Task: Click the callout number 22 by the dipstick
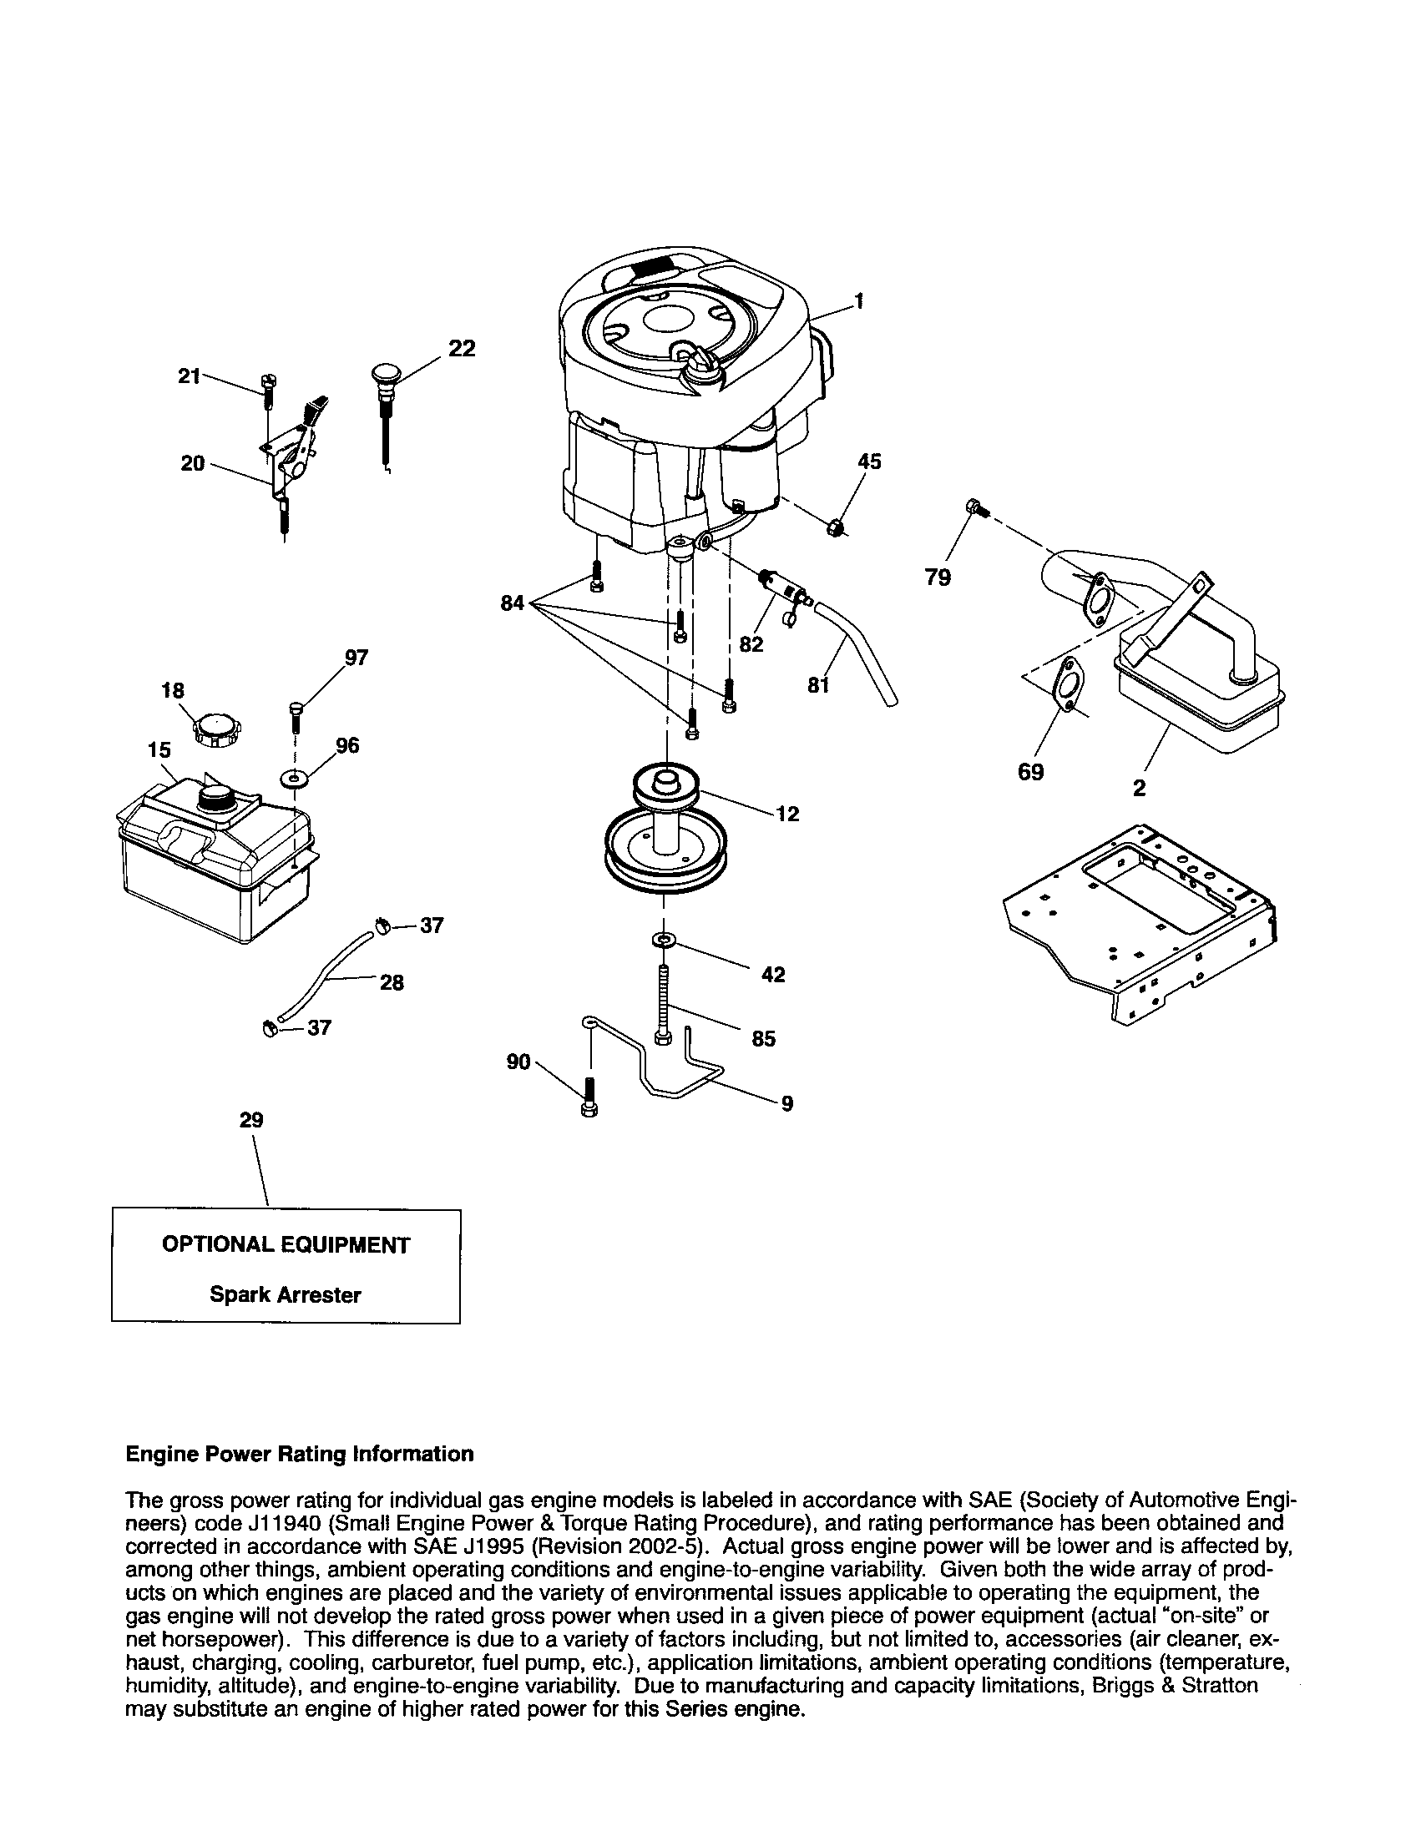(461, 347)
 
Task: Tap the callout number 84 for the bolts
(512, 603)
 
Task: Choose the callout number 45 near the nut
(869, 462)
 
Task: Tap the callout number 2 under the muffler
(1139, 788)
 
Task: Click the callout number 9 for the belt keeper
(786, 1104)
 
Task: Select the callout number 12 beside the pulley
(788, 814)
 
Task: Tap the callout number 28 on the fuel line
(392, 982)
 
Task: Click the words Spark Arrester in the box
(285, 1294)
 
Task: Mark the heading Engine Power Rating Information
(299, 1454)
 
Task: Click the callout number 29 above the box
(251, 1120)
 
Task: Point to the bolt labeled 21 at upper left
(267, 391)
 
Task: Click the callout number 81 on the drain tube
(818, 685)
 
